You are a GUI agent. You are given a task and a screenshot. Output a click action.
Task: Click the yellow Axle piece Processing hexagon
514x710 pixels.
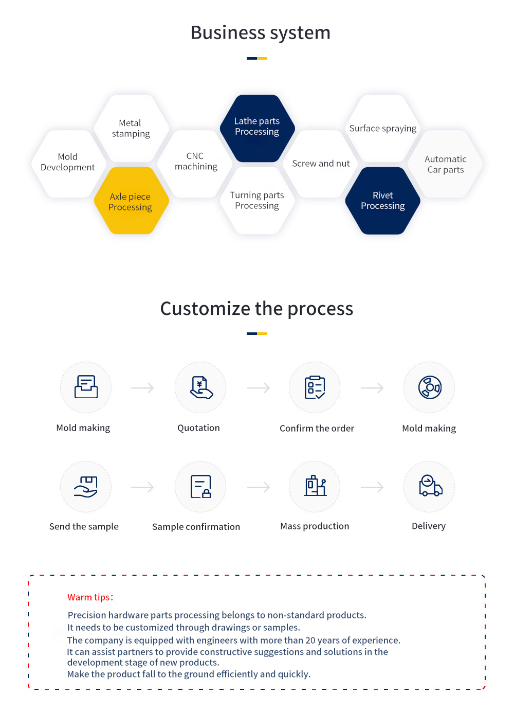(131, 201)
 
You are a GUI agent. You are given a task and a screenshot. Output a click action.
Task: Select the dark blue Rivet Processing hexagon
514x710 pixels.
(382, 201)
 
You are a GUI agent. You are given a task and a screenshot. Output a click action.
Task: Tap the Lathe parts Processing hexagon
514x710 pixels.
(257, 129)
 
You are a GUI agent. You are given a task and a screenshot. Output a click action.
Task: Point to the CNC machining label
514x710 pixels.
(196, 161)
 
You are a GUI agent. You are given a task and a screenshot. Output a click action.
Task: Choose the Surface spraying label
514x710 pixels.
(382, 129)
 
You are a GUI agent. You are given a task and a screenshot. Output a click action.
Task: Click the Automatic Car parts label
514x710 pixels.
(445, 164)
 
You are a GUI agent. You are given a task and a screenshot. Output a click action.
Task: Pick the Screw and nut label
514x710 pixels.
(321, 164)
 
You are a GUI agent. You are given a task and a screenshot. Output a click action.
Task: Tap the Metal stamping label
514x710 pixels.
(131, 129)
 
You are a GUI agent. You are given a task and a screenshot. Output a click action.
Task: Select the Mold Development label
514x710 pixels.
(68, 162)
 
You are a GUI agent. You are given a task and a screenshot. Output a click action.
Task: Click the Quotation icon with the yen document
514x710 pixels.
(201, 387)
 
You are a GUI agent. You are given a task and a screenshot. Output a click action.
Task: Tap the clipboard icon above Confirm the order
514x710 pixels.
(315, 387)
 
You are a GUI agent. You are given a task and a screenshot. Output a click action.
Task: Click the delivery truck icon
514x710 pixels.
(430, 485)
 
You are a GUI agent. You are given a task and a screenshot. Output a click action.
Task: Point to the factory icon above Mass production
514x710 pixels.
(315, 485)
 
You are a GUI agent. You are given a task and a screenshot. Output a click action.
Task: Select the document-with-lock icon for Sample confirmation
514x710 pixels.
(201, 487)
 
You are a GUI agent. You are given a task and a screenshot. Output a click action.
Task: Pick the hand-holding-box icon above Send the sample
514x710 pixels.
(85, 487)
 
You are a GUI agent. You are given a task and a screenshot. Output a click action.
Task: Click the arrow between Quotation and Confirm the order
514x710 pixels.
(259, 387)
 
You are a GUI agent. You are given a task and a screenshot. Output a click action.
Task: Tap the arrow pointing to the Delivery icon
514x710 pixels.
(372, 487)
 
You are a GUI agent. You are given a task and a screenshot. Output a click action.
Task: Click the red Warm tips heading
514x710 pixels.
(90, 597)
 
